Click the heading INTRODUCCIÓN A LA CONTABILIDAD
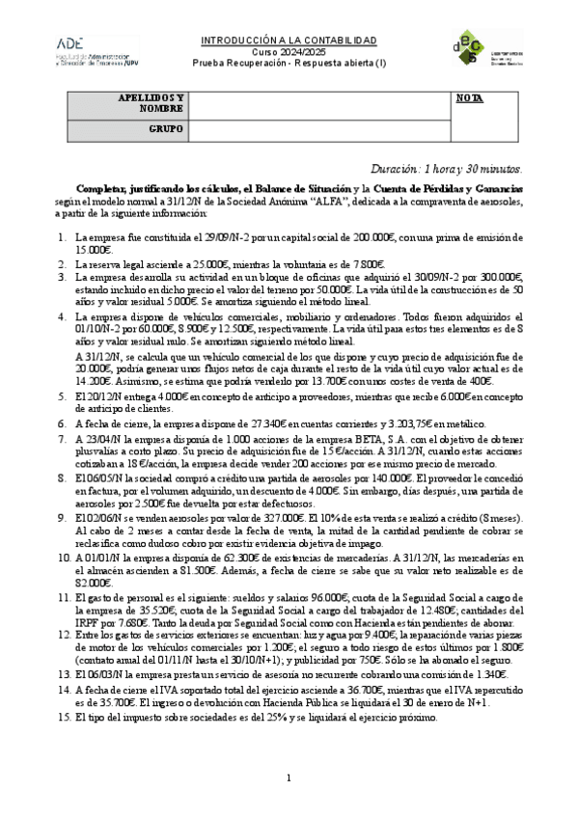tap(289, 41)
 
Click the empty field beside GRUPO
tap(319, 128)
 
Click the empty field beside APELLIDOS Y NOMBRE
tap(319, 104)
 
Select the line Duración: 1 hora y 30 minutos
tap(447, 168)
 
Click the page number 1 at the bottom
tap(289, 778)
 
